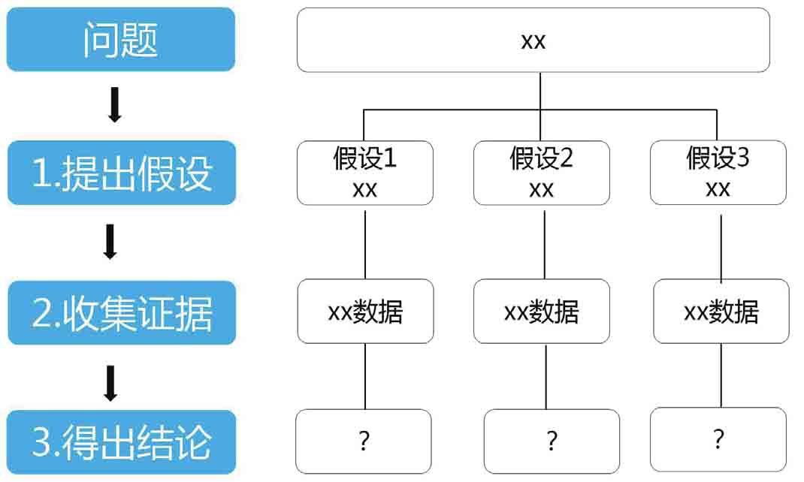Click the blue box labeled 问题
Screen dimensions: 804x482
121,39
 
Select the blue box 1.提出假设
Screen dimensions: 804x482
122,173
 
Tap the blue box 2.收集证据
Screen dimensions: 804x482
122,312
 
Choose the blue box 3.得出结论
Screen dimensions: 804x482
122,442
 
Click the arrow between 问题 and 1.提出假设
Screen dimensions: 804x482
115,104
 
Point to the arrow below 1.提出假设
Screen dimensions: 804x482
110,241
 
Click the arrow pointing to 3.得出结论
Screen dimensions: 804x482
110,383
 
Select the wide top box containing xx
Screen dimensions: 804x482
533,40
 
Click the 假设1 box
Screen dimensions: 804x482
365,173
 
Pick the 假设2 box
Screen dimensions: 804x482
542,173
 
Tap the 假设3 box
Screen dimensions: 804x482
718,173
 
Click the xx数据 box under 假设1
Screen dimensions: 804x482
366,312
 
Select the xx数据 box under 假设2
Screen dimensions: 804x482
542,312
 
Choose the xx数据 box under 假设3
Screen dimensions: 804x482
721,312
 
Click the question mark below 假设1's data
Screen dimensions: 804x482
364,441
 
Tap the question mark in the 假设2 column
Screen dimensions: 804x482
552,441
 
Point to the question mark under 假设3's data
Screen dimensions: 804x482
718,439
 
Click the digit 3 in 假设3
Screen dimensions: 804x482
743,158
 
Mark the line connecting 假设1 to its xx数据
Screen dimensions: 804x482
365,245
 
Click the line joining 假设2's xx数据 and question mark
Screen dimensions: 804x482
546,377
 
